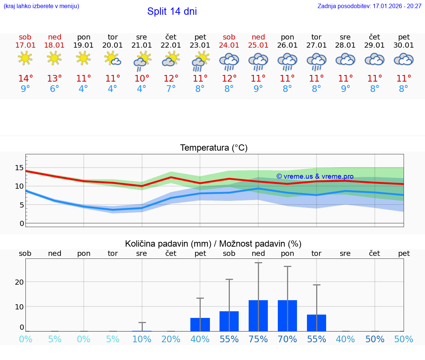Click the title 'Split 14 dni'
172,11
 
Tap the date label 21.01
142,45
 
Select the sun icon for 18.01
54,58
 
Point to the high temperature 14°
25,79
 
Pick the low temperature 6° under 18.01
54,89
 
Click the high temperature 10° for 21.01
142,79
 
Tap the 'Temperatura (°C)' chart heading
214,148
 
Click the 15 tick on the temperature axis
19,168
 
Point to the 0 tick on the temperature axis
22,223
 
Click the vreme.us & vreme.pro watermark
315,176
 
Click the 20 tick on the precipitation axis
19,282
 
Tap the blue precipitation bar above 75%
258,316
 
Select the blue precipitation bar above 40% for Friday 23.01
200,325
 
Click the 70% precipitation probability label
287,339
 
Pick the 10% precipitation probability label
142,339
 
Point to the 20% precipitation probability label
171,339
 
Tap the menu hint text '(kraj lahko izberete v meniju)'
41,6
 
